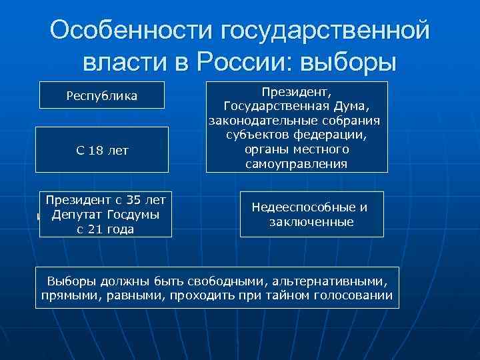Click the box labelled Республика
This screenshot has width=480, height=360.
click(102, 95)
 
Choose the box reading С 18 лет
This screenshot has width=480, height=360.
click(102, 151)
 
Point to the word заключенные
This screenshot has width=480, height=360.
click(311, 222)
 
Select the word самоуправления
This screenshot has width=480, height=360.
click(296, 163)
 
